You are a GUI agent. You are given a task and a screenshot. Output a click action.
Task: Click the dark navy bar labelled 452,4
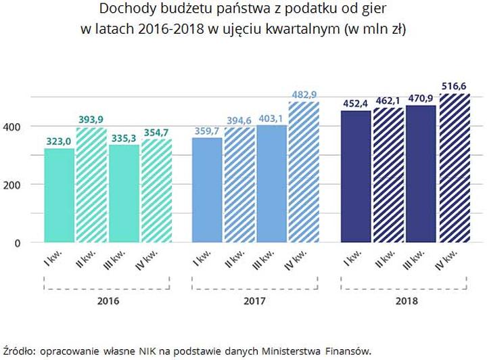356,176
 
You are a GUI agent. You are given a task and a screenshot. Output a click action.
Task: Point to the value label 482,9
303,94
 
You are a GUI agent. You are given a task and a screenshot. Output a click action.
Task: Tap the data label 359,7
207,131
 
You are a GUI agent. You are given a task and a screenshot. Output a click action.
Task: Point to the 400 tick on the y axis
22,127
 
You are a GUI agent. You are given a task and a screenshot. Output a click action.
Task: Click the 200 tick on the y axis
22,185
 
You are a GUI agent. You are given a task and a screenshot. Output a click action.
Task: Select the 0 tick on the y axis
28,242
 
